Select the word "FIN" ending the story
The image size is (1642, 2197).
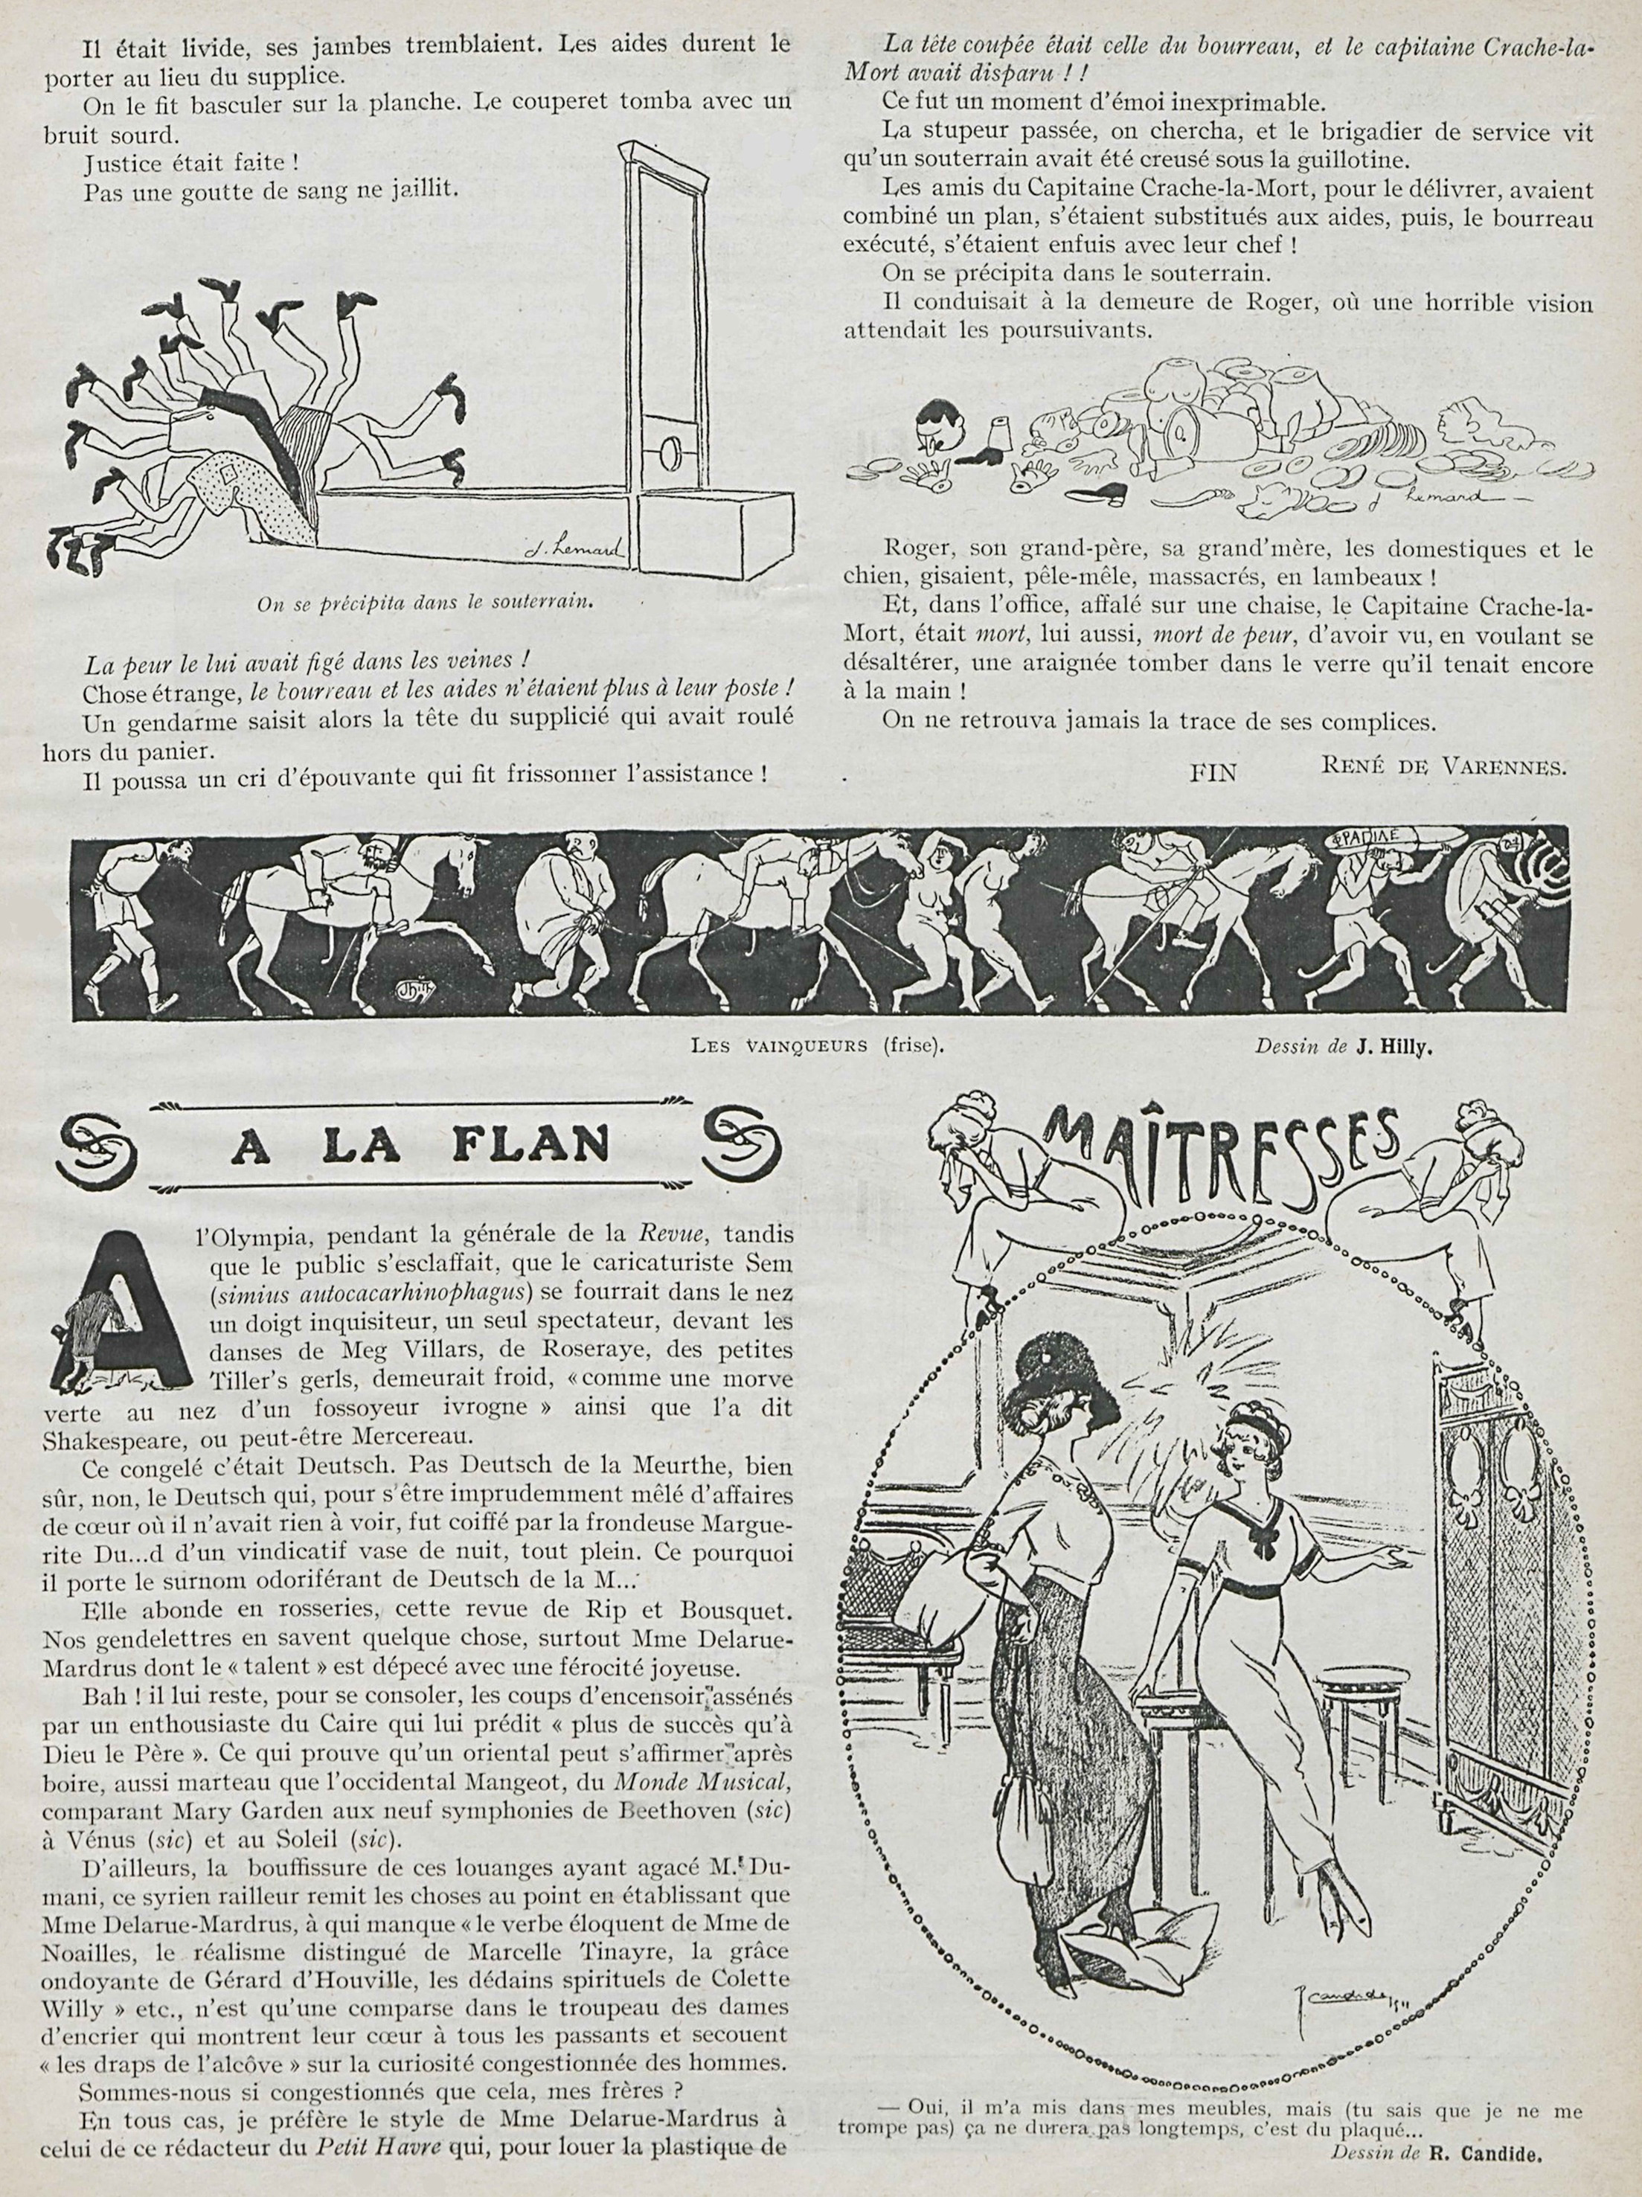pos(1213,772)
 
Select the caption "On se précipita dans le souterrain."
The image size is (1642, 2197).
pos(425,604)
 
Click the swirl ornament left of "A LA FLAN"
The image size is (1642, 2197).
pos(101,1144)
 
